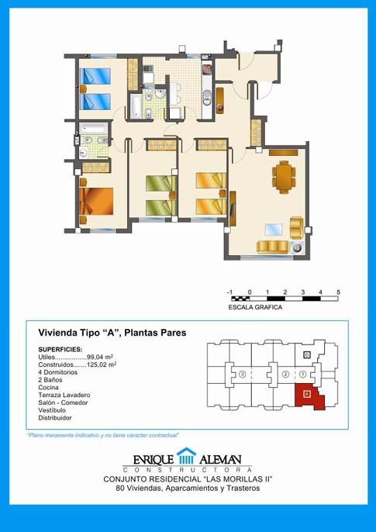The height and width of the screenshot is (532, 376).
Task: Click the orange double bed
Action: point(97,201)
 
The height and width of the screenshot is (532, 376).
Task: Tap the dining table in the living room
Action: point(284,177)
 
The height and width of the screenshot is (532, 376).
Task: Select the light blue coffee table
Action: point(274,230)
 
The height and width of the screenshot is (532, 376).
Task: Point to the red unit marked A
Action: point(309,396)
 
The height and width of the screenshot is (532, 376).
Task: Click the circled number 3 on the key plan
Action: point(242,375)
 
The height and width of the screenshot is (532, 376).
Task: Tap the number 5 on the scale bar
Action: point(338,292)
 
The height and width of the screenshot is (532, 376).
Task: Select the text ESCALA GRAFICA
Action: point(255,307)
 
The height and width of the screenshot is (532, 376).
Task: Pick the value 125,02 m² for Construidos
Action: point(102,364)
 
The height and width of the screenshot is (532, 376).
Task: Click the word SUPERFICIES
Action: point(60,350)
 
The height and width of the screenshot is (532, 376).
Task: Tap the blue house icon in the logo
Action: point(186,456)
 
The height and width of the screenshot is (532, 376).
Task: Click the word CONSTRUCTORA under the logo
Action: point(187,470)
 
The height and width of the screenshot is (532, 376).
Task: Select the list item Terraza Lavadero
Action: point(64,395)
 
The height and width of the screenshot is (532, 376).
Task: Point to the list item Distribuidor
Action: point(55,418)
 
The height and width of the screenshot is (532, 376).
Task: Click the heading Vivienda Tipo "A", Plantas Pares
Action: point(112,333)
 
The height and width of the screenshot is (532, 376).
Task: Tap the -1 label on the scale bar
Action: point(229,292)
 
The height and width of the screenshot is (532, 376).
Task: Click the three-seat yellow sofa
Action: point(273,247)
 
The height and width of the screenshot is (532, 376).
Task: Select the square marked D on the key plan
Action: point(307,355)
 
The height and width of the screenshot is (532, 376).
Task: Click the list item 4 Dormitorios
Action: point(58,372)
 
